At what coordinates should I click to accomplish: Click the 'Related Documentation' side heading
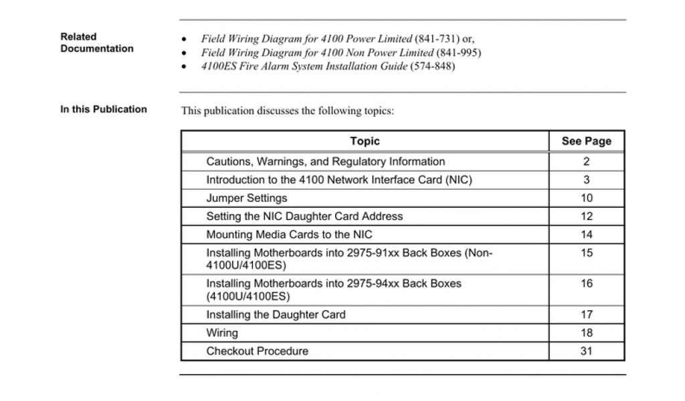[96, 43]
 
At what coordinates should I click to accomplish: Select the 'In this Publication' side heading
[104, 110]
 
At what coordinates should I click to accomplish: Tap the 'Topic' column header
[365, 141]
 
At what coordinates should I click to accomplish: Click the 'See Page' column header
[586, 141]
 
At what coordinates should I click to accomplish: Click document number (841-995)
[458, 53]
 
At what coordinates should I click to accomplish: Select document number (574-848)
[432, 67]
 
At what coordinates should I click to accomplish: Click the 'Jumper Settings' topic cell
[246, 198]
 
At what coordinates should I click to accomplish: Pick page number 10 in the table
[586, 198]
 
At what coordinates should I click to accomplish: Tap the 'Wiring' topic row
[221, 333]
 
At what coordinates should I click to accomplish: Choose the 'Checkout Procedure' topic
[257, 351]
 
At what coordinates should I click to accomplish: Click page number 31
[586, 351]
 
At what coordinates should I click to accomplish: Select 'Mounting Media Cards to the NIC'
[289, 235]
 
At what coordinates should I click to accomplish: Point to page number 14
[586, 235]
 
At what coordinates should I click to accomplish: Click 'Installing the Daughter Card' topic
[276, 314]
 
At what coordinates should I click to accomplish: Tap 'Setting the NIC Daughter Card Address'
[304, 217]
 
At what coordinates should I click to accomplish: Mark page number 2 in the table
[586, 162]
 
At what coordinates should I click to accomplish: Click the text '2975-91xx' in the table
[371, 253]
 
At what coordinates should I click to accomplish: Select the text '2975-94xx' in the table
[371, 284]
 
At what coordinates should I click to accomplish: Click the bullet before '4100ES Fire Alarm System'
[185, 68]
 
